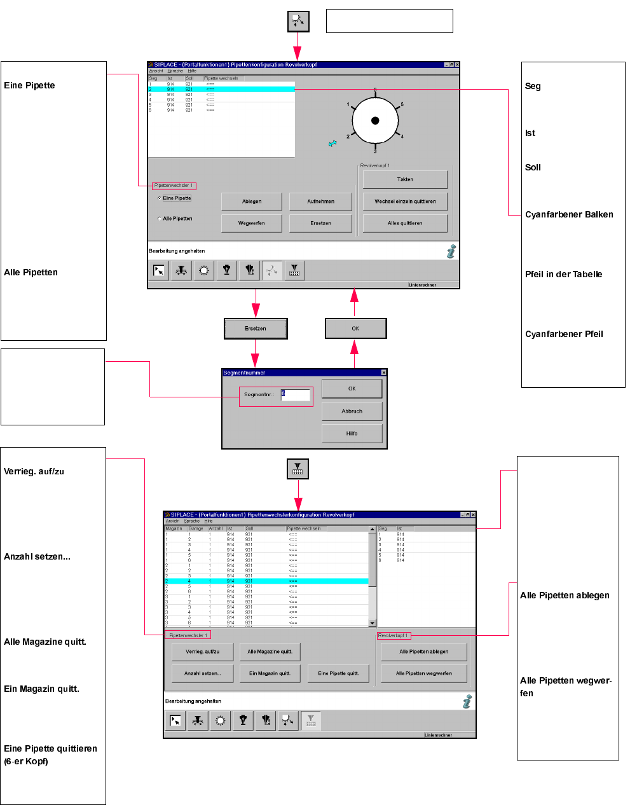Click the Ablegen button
[251, 202]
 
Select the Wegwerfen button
[251, 223]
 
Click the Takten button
[405, 179]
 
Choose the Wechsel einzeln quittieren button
[405, 202]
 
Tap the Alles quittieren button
[405, 223]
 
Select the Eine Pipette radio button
[160, 198]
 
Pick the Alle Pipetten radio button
[160, 219]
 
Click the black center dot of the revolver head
[375, 121]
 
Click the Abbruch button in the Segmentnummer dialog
[352, 411]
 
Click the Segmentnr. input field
[296, 395]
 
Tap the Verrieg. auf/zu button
[202, 652]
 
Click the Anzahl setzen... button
[202, 673]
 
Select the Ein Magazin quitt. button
[270, 673]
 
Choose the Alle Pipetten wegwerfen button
[423, 673]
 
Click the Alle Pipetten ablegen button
[423, 652]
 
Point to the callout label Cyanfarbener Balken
[569, 215]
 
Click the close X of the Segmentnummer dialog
[383, 373]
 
